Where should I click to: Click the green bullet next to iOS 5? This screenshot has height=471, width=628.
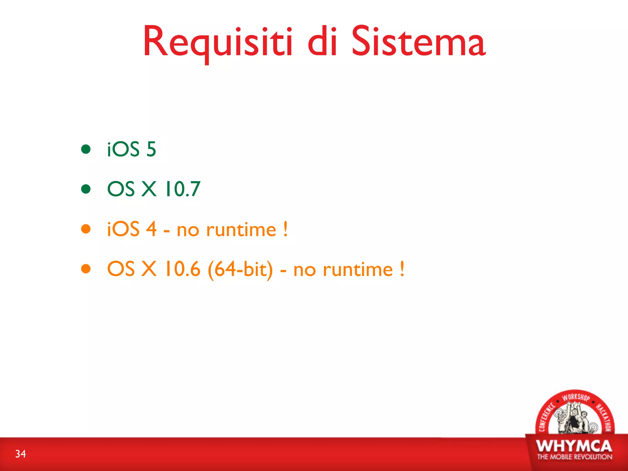86,149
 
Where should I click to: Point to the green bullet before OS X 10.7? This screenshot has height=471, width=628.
86,189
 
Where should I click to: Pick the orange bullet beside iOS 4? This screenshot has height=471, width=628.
86,229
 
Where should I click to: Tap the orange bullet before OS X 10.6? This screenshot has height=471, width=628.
86,269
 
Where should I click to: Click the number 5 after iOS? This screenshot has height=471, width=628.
151,149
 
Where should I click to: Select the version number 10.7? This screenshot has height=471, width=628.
182,189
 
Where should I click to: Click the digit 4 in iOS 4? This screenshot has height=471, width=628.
151,229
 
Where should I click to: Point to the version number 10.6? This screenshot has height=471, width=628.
182,269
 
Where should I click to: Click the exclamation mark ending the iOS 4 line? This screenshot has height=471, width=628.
285,229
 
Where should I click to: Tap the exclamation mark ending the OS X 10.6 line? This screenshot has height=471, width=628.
402,269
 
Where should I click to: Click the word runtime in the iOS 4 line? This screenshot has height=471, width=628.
241,230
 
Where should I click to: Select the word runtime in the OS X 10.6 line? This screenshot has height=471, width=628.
358,270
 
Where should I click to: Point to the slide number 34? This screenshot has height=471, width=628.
21,454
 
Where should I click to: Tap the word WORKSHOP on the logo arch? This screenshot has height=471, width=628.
576,397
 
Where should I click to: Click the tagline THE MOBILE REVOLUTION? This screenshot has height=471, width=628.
574,457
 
